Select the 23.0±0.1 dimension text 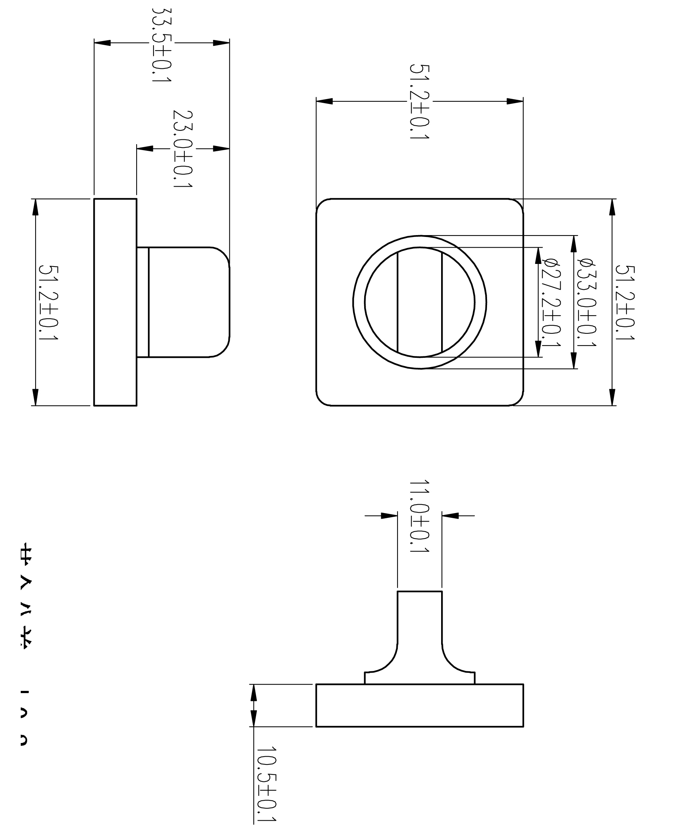coord(182,149)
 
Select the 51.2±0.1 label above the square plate coord(419,101)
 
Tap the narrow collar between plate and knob coord(142,302)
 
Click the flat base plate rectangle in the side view coord(115,302)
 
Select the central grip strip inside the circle coord(419,302)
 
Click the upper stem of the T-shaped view coord(419,617)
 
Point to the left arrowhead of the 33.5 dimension coord(102,43)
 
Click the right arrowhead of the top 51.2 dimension coord(515,101)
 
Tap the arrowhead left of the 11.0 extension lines coord(389,516)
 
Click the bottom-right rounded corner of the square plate coord(518,400)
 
